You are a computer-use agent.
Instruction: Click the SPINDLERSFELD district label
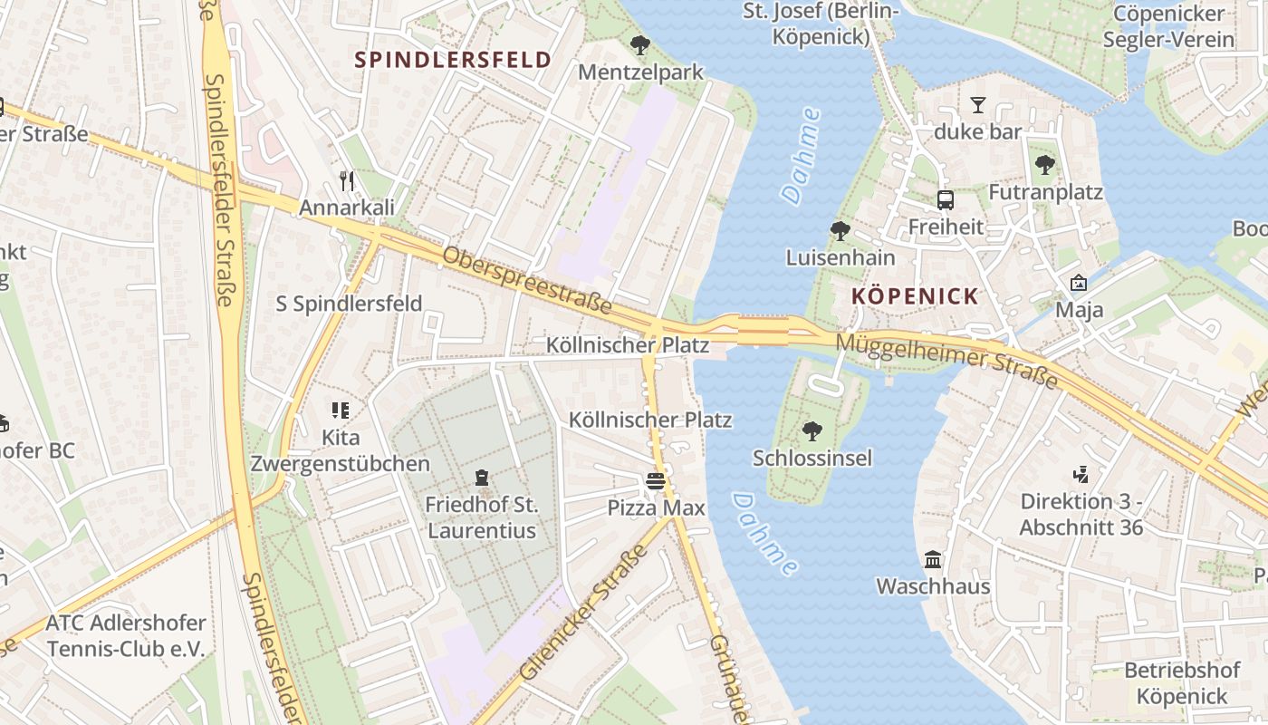453,60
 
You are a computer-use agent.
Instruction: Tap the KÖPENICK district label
915,296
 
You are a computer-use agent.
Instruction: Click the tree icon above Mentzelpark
640,44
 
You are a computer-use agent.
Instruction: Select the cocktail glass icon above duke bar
977,104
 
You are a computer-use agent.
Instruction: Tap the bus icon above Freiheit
945,199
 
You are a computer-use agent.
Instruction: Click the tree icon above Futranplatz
1045,165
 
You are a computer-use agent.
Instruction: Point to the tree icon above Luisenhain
840,231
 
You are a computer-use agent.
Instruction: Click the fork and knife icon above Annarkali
347,180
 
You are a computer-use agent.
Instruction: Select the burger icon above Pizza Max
656,481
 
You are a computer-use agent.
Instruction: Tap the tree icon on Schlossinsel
812,430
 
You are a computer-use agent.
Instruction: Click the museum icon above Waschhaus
932,559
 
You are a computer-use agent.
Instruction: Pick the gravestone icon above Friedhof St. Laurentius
481,477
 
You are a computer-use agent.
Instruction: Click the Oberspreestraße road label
527,281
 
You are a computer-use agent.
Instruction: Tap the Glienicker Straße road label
586,613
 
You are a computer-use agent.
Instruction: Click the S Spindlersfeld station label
349,304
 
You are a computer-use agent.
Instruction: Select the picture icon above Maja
1078,283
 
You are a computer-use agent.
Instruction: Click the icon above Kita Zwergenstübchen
340,411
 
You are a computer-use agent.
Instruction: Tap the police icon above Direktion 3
1080,473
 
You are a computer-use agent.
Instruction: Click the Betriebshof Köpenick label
1181,683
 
